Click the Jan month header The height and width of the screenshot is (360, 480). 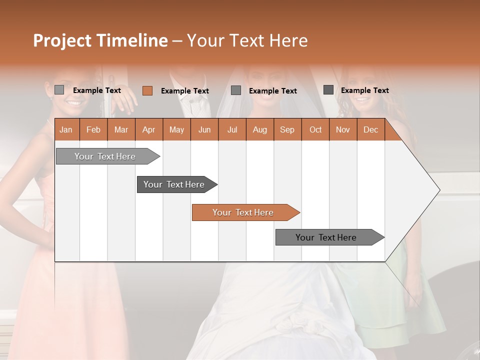point(66,129)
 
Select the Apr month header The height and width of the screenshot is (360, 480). point(148,129)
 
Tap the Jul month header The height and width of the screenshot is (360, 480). point(232,129)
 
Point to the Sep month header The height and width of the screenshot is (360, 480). point(287,129)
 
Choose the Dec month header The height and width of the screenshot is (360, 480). point(370,129)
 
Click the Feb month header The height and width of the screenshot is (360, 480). point(93,129)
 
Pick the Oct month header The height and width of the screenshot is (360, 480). point(315,129)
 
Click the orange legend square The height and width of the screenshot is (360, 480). point(147,90)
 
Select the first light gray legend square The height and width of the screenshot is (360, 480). point(59,90)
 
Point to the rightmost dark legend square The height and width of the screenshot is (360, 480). point(328,90)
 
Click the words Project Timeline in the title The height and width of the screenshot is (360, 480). point(100,40)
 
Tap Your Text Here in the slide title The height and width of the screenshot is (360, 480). point(247,40)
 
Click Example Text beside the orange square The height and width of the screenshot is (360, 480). point(184,91)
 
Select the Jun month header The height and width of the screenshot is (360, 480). point(204,129)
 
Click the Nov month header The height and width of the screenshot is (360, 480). point(343,129)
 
